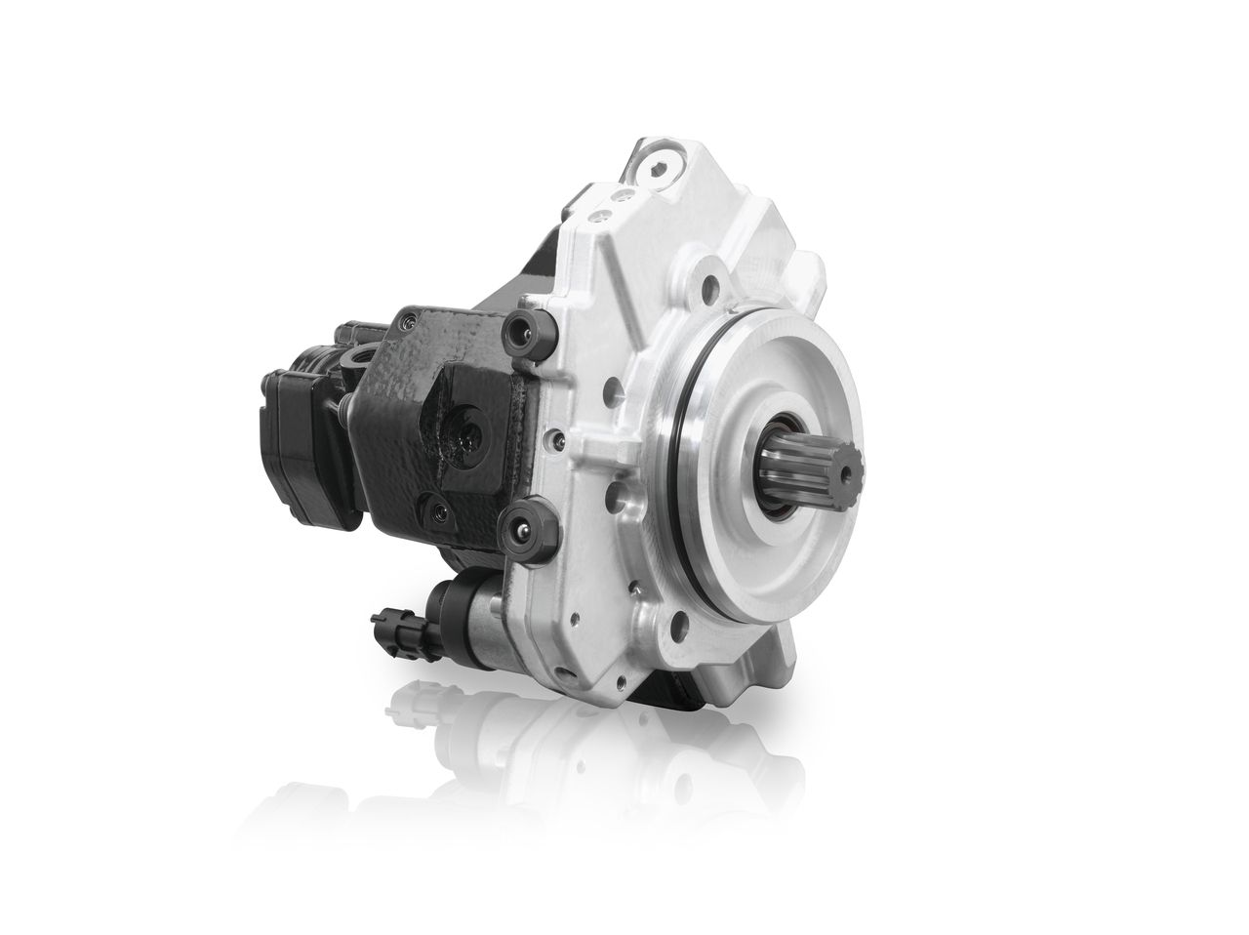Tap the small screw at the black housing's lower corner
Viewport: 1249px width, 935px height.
(437, 509)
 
